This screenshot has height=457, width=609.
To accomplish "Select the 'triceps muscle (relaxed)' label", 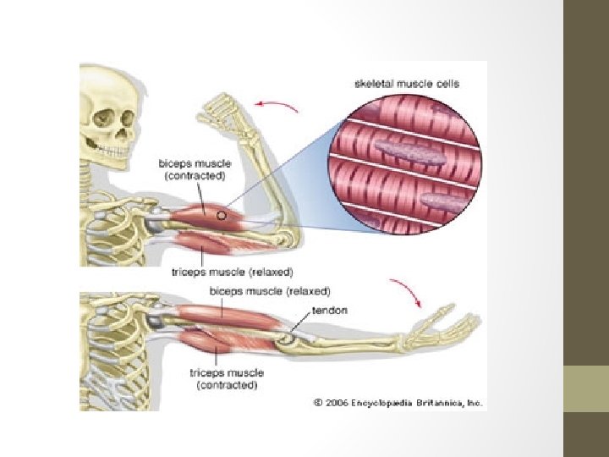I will point(233,273).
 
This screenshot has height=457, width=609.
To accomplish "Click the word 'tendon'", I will point(329,311).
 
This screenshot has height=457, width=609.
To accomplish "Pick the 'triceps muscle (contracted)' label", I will point(227,378).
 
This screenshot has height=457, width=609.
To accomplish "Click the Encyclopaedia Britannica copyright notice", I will point(398,403).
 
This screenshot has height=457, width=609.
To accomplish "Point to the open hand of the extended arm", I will point(449,327).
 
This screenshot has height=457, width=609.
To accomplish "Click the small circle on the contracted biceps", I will point(222,216).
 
